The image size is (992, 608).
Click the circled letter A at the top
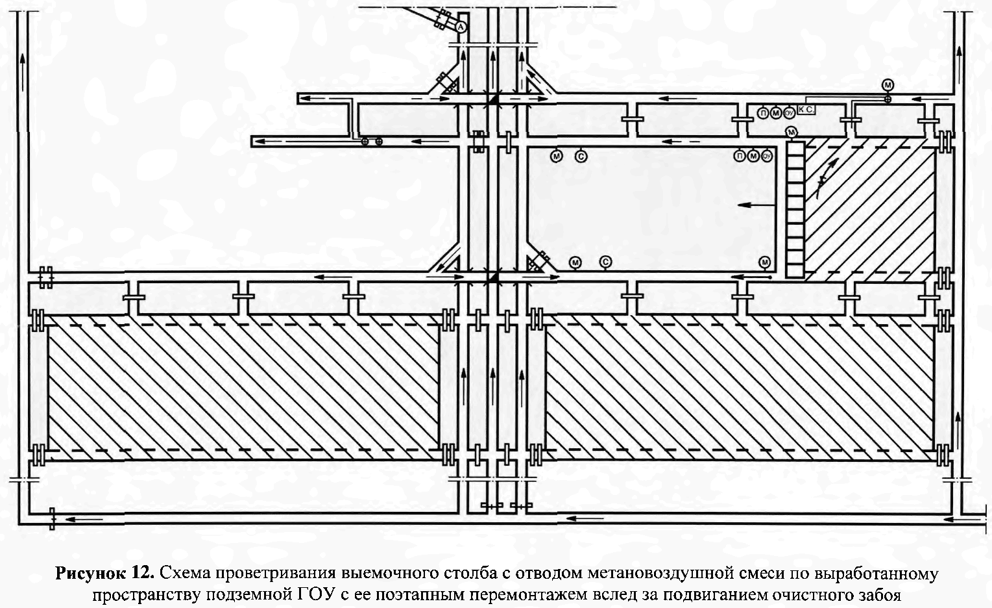pyautogui.click(x=460, y=27)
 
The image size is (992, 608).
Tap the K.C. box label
pyautogui.click(x=805, y=111)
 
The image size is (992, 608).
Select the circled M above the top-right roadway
pyautogui.click(x=888, y=85)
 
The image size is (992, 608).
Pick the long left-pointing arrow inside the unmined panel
pyautogui.click(x=756, y=205)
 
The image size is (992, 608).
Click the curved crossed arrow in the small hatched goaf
pyautogui.click(x=821, y=184)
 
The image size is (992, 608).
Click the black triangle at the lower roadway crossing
pyautogui.click(x=493, y=277)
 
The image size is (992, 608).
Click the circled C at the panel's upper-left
pyautogui.click(x=581, y=155)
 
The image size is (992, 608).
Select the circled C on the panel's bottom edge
pyautogui.click(x=605, y=262)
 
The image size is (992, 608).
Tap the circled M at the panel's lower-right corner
pyautogui.click(x=764, y=262)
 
